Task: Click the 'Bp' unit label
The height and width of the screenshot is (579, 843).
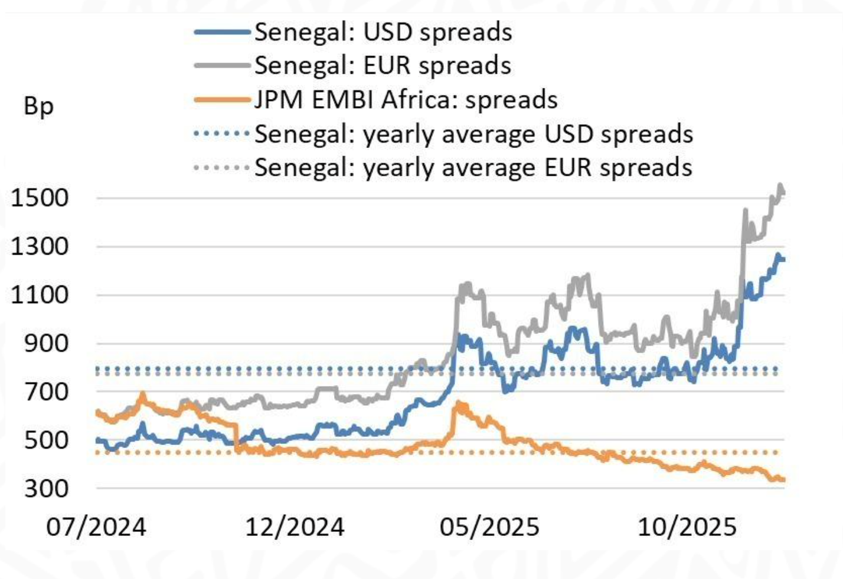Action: click(x=38, y=107)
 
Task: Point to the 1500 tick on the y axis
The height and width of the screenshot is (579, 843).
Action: click(x=40, y=198)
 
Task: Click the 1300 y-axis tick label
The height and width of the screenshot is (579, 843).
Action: click(x=40, y=246)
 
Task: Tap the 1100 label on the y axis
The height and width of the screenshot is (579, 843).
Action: click(x=40, y=295)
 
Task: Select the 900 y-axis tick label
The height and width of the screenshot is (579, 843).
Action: click(x=46, y=343)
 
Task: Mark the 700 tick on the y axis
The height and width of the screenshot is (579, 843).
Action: click(x=46, y=391)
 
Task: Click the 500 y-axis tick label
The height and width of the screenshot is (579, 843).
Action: click(x=46, y=440)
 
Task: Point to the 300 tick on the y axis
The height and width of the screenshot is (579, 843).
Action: click(x=46, y=488)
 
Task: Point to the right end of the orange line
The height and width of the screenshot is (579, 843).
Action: click(x=783, y=479)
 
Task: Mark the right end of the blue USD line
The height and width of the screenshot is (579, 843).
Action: click(x=783, y=259)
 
